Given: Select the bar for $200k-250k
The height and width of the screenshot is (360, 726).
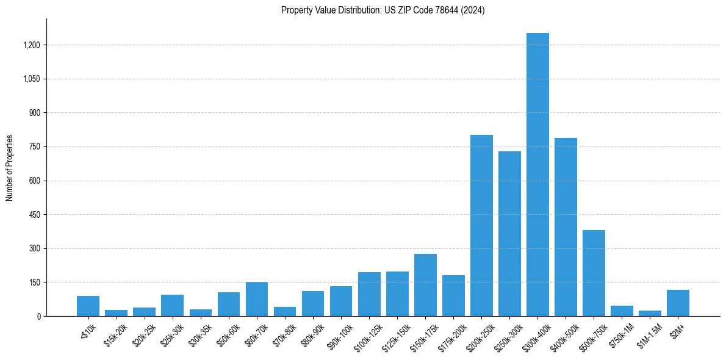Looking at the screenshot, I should click(481, 226).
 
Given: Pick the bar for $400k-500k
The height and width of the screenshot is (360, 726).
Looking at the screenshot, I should click(566, 227).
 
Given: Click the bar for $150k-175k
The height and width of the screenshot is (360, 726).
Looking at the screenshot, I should click(425, 285).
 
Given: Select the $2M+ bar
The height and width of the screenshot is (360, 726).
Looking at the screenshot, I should click(678, 303).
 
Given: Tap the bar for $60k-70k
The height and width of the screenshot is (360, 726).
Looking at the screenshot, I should click(257, 299).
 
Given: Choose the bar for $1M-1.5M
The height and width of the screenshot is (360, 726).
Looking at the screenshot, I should click(650, 313).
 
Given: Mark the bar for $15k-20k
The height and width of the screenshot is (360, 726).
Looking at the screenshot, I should click(116, 313).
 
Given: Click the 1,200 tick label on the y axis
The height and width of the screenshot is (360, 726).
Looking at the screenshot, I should click(32, 45).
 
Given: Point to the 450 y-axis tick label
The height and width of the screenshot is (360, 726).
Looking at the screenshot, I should click(35, 215).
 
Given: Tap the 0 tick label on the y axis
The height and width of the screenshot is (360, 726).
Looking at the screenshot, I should click(38, 316).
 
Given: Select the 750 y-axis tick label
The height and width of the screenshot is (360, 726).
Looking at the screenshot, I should click(35, 147).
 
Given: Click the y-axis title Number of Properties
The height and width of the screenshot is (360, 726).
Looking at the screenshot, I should click(10, 168).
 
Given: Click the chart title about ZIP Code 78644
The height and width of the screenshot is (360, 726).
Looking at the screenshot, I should click(383, 10).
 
